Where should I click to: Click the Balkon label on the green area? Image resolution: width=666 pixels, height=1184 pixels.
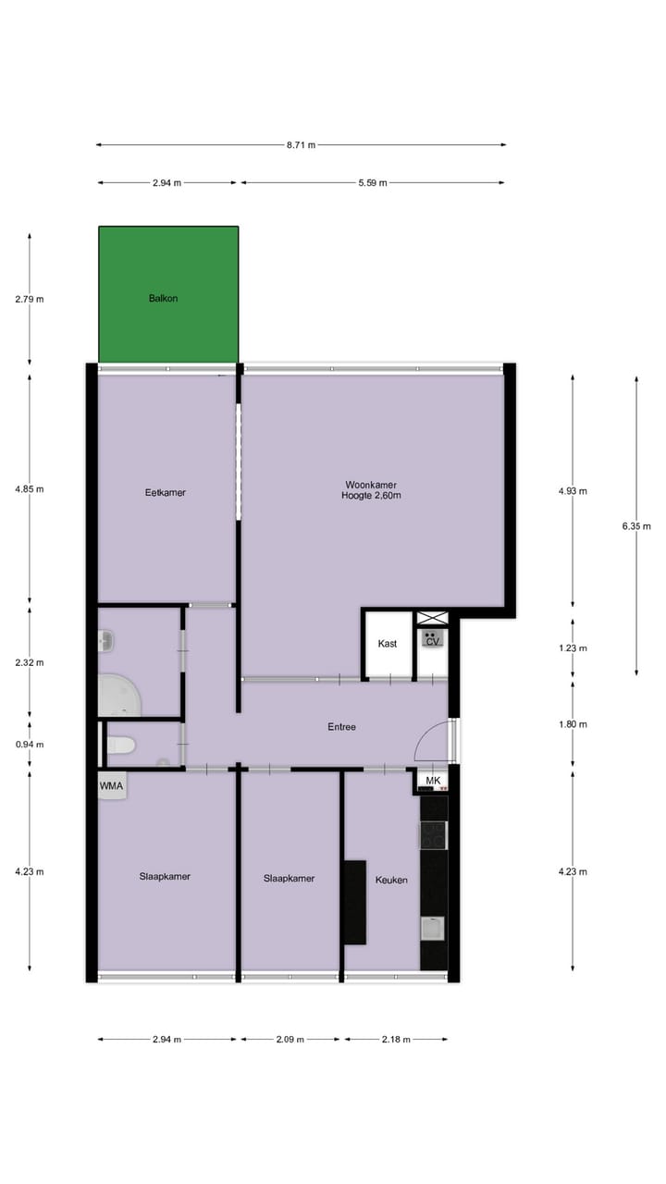coord(163,299)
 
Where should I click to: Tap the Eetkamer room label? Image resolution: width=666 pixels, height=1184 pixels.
coord(166,493)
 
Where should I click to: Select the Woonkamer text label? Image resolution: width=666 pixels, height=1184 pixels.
coord(371,485)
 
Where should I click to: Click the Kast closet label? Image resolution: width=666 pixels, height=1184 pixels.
coord(388,644)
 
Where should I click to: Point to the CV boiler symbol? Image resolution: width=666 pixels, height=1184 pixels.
coord(432,639)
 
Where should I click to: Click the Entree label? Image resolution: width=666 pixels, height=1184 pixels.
coord(341,727)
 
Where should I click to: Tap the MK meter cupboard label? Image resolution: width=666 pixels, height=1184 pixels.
coord(433,782)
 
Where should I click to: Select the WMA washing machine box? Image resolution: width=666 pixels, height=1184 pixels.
coord(112,786)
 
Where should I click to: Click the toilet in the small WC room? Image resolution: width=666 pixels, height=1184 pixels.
coord(120,745)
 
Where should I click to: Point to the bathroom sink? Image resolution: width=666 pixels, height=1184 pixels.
coord(105,640)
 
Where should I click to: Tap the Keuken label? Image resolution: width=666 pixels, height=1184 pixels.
coord(391,880)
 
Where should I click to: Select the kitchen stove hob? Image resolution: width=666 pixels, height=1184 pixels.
coord(433,835)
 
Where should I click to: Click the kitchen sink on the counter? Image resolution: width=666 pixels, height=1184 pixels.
coord(433,928)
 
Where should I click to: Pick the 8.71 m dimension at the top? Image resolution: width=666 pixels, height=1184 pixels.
coord(301,145)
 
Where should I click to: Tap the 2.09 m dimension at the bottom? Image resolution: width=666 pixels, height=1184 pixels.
coord(290,1040)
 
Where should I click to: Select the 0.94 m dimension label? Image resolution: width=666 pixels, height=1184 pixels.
coord(30,745)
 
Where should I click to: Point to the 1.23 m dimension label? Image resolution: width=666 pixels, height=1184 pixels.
coord(573,648)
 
